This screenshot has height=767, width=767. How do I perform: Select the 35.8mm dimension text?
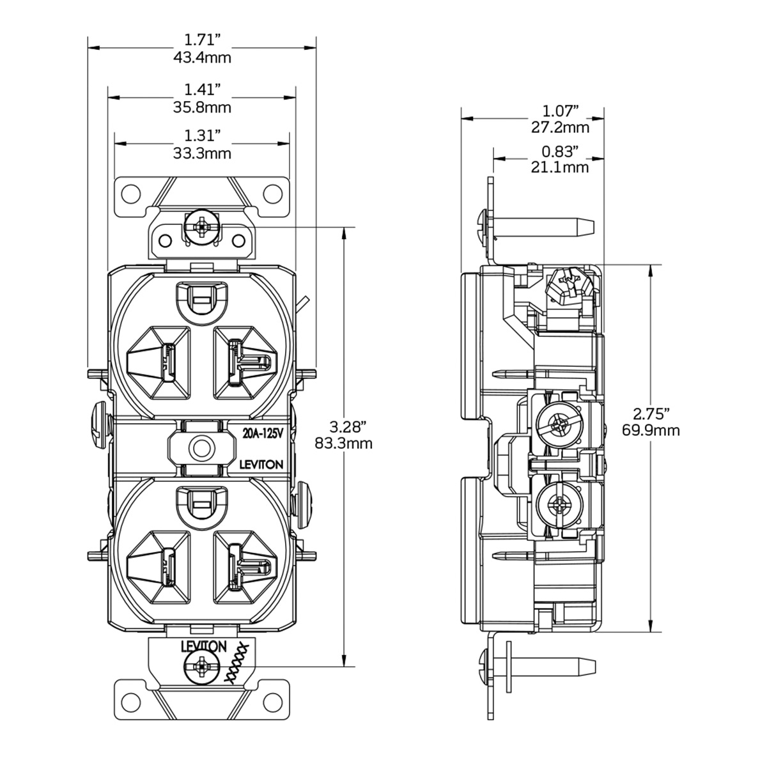tap(202, 107)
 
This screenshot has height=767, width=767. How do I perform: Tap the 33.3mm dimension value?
tap(202, 153)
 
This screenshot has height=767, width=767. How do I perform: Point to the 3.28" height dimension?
tap(344, 426)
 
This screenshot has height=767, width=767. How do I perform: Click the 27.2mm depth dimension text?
tap(560, 127)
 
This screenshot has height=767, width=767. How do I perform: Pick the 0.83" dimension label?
tap(560, 151)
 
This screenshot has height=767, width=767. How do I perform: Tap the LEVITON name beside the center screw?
tap(261, 465)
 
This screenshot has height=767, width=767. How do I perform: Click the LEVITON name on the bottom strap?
tap(203, 647)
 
